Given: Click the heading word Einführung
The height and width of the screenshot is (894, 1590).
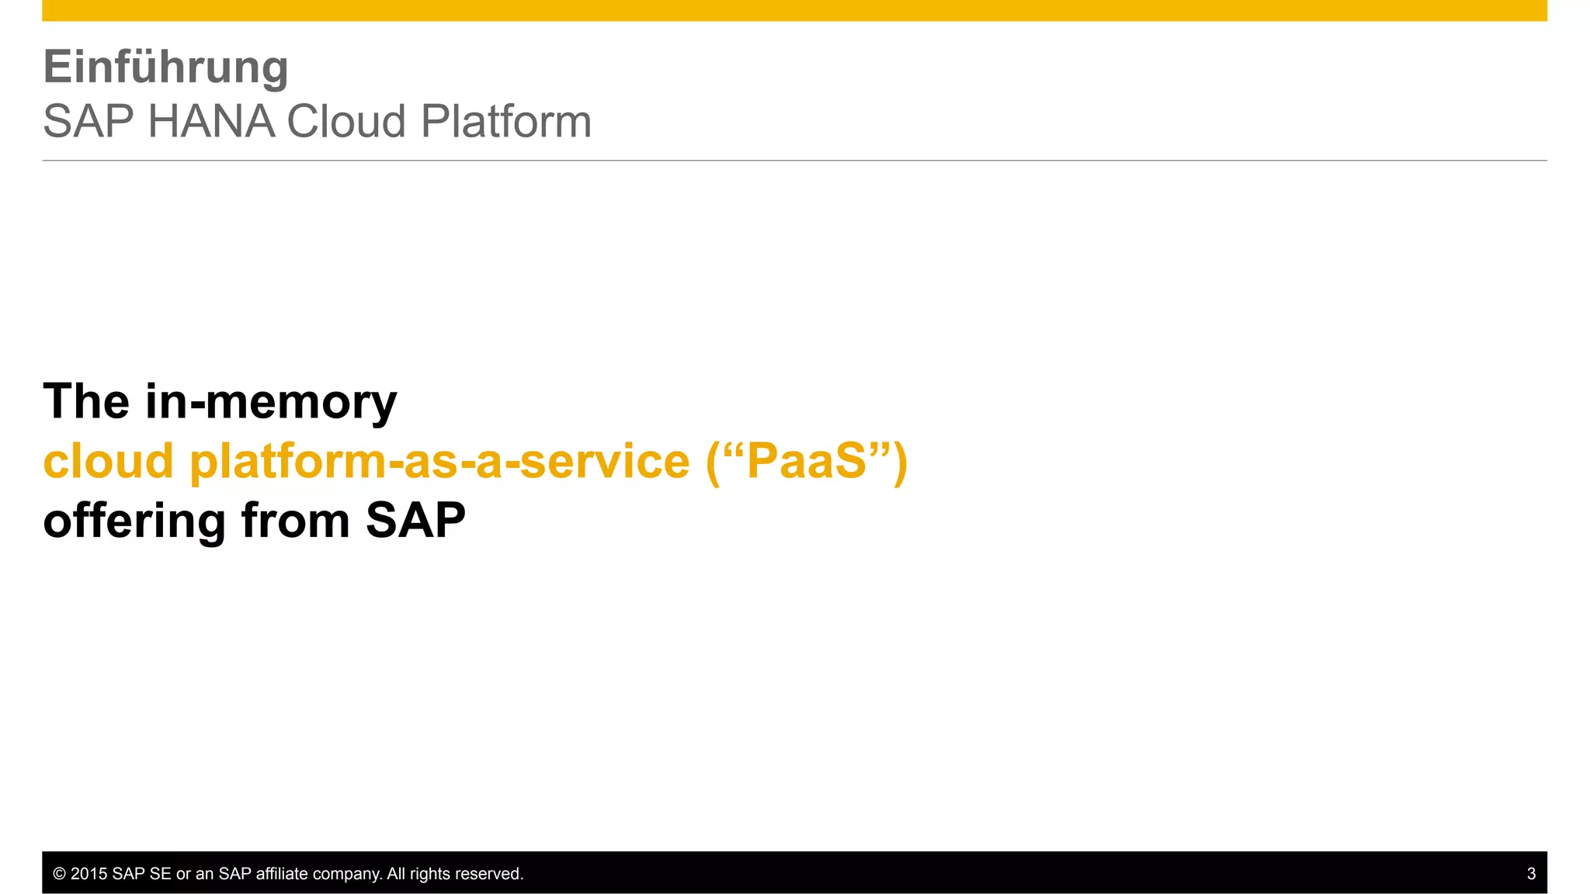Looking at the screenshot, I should pyautogui.click(x=165, y=68).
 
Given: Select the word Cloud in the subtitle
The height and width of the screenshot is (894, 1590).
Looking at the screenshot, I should pyautogui.click(x=346, y=122).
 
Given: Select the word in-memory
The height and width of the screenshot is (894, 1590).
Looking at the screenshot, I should pyautogui.click(x=271, y=404).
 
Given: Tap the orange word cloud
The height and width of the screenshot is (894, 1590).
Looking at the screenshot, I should pyautogui.click(x=108, y=461).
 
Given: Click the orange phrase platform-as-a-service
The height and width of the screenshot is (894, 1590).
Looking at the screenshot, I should pyautogui.click(x=439, y=461).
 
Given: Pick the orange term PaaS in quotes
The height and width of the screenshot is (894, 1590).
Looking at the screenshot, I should pyautogui.click(x=806, y=461).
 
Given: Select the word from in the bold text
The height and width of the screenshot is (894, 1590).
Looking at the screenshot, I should pyautogui.click(x=296, y=521).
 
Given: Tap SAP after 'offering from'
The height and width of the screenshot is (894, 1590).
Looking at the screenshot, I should pyautogui.click(x=415, y=521).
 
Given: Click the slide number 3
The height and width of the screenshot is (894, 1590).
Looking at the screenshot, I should pyautogui.click(x=1531, y=874).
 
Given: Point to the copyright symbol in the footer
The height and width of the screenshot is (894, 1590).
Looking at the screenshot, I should pyautogui.click(x=59, y=874).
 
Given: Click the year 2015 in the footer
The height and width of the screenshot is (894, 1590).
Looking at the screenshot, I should pyautogui.click(x=89, y=874).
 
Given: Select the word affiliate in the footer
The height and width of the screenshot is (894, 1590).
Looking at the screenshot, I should pyautogui.click(x=282, y=874).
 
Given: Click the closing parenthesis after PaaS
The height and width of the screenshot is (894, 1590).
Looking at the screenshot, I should pyautogui.click(x=900, y=463).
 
